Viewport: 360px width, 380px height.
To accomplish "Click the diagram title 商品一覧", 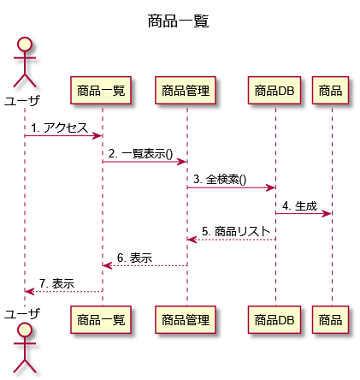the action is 179,21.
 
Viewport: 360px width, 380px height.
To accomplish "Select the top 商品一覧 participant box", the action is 101,90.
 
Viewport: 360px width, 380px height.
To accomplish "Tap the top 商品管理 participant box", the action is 186,90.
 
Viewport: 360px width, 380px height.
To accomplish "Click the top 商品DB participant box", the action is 274,90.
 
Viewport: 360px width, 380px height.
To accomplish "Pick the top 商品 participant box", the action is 330,90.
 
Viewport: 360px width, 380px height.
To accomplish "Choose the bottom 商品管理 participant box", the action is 186,319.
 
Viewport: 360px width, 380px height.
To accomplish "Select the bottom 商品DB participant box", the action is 274,319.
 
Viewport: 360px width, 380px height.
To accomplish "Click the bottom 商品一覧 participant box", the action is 101,319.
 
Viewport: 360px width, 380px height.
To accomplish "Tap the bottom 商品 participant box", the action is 330,319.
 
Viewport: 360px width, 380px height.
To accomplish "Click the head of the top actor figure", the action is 25,45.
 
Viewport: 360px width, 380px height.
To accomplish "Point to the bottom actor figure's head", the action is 25,330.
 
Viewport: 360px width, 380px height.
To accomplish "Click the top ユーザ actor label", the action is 22,100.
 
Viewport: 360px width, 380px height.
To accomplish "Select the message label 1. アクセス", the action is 59,128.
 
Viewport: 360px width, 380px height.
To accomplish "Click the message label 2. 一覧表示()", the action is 140,154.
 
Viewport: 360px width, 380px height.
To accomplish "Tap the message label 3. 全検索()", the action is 220,180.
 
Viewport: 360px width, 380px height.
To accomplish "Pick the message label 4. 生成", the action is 299,205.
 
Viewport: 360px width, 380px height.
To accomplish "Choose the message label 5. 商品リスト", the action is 236,231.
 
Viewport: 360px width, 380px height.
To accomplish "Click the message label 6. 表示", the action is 134,258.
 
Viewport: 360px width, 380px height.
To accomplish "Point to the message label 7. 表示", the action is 56,283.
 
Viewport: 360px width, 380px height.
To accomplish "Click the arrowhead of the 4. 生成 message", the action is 327,213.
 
